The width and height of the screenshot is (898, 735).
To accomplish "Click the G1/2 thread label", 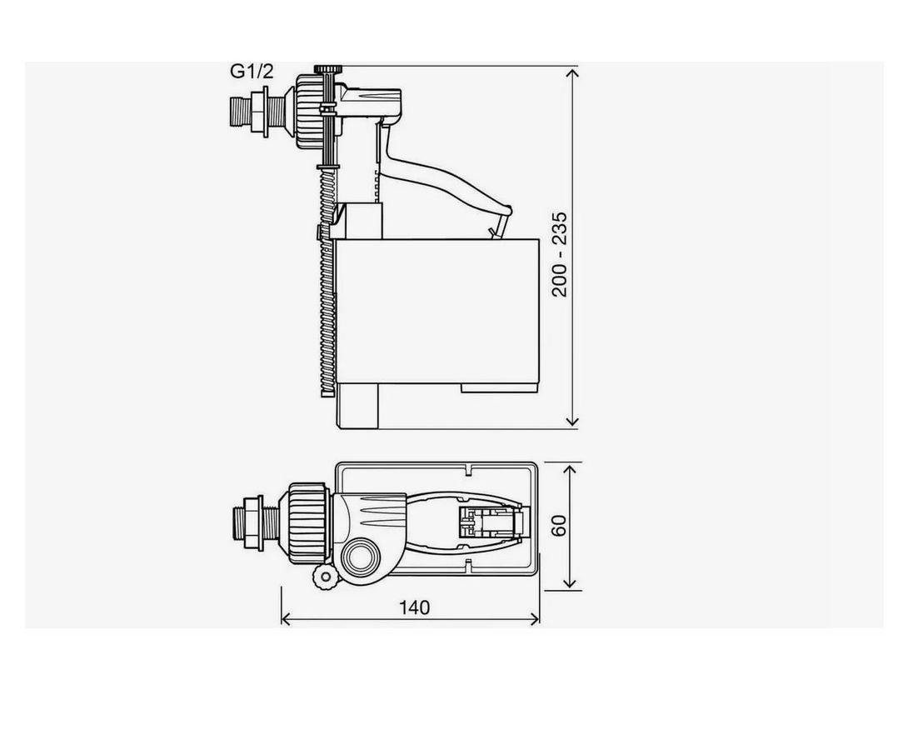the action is [252, 72].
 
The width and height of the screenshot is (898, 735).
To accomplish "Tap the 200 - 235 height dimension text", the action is [559, 254].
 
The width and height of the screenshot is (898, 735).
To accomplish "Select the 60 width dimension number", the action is [559, 525].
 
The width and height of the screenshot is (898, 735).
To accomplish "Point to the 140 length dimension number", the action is [414, 607].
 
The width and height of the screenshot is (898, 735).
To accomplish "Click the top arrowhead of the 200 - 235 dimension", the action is [572, 72].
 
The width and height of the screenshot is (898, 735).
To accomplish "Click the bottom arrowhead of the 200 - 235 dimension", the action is [572, 422].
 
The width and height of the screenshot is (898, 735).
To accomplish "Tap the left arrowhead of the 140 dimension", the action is [286, 618].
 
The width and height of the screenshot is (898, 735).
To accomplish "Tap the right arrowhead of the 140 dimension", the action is [534, 618].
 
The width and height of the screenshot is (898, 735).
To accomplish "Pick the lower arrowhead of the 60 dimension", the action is [569, 582].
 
